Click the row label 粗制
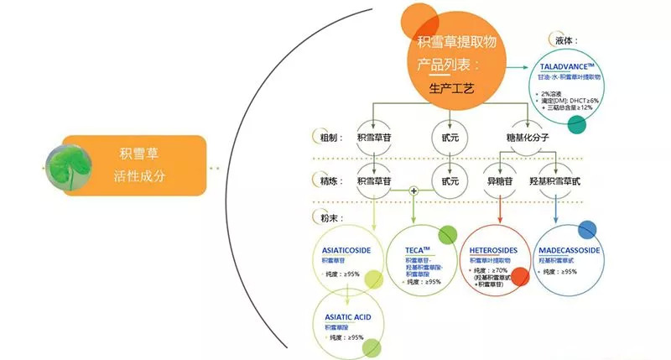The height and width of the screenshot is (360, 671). (322, 138)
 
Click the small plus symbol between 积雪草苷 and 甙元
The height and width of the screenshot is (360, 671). (413, 191)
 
